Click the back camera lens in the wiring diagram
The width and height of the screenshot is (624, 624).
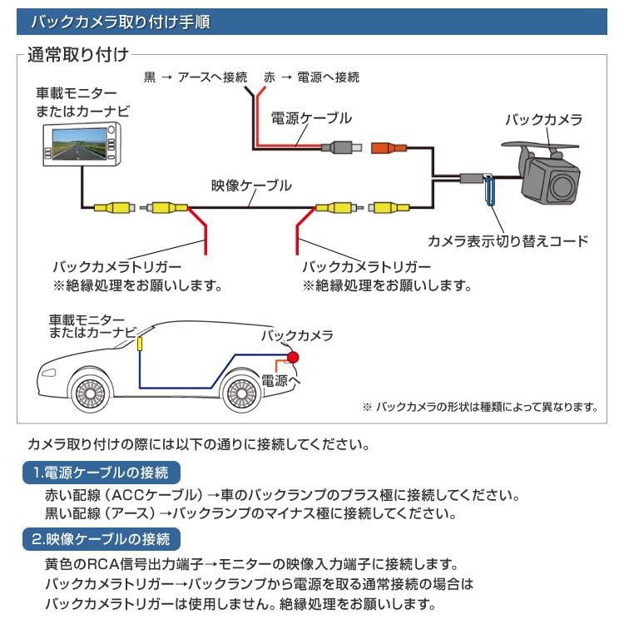pos(564,180)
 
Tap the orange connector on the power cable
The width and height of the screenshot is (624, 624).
pos(389,149)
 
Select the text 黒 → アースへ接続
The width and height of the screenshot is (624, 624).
pos(196,77)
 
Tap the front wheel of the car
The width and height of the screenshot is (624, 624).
pos(90,389)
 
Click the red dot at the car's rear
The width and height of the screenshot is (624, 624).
pos(293,356)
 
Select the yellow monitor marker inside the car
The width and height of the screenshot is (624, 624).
pos(141,343)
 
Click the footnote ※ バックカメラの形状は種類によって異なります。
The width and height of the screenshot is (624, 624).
pos(480,407)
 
